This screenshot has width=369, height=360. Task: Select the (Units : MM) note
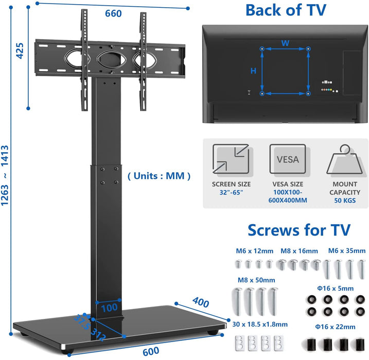(159, 176)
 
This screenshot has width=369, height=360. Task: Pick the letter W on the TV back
(285, 43)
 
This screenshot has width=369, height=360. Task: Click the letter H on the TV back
(253, 71)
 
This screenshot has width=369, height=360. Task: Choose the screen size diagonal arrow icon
(231, 159)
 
